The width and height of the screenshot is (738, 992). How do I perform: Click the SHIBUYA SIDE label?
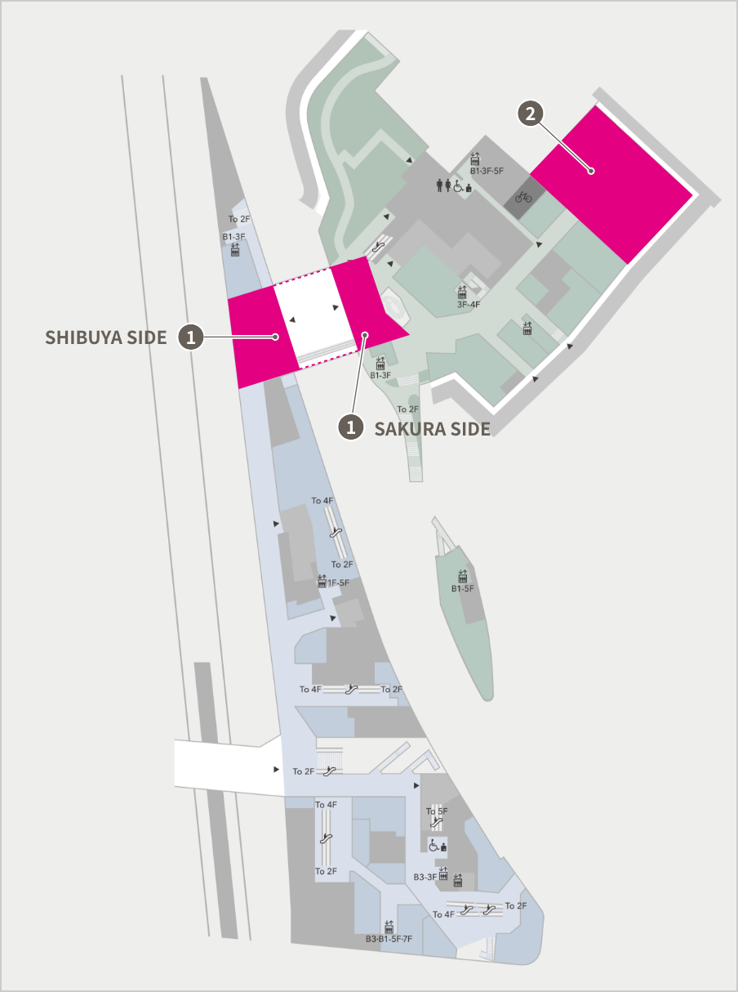(105, 337)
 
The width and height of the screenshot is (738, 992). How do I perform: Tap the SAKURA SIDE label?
(432, 428)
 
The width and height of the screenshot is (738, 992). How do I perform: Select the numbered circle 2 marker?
(531, 114)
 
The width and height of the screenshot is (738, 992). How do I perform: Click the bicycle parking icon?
(523, 197)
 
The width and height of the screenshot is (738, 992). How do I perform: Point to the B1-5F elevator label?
(463, 588)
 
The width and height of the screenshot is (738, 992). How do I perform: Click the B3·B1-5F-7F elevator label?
(389, 940)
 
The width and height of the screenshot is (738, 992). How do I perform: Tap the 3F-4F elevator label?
(468, 304)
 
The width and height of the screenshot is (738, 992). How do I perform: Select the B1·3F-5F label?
(487, 171)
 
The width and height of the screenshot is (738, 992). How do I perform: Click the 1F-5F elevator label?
(338, 583)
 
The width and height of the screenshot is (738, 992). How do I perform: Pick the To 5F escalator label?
(437, 811)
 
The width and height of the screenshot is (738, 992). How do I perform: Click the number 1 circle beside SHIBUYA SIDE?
(191, 337)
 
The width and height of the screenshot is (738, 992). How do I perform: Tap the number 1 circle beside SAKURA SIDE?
(351, 427)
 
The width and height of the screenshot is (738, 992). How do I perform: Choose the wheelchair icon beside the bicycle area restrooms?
(458, 186)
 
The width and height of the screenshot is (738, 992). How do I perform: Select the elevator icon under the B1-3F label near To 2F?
(235, 250)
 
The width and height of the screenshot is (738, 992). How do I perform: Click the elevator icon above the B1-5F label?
(463, 576)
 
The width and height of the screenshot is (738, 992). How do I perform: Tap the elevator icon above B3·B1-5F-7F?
(389, 927)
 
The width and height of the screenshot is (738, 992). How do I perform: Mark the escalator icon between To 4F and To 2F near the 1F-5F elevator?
(335, 533)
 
